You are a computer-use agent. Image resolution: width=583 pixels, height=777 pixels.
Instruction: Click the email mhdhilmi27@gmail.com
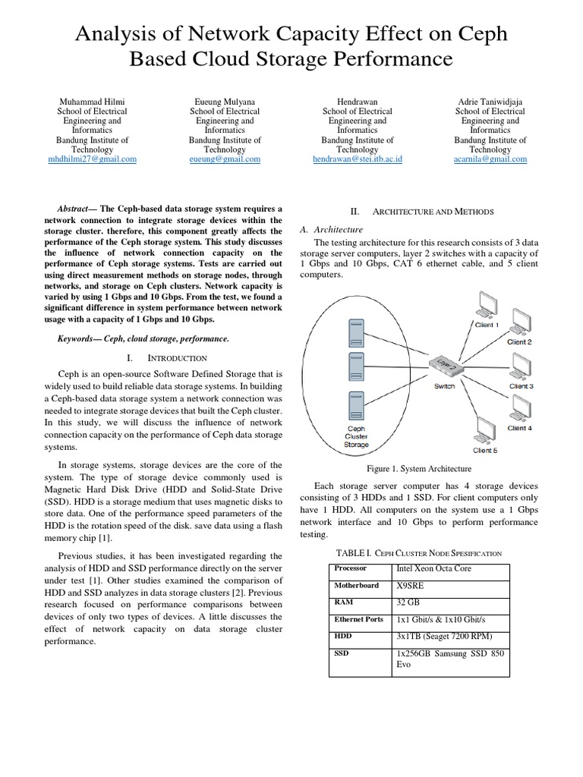pyautogui.click(x=93, y=159)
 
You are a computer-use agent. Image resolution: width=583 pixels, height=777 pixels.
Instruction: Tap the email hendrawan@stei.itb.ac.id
pyautogui.click(x=358, y=159)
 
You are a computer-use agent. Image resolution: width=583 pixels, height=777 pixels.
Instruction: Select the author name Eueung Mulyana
pyautogui.click(x=225, y=101)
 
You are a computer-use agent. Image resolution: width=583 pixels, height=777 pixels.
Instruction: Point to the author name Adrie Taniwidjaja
pyautogui.click(x=490, y=101)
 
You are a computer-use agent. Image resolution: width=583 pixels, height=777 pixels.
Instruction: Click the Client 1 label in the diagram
pyautogui.click(x=487, y=325)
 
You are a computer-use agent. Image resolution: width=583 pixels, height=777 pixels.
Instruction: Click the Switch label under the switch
pyautogui.click(x=444, y=386)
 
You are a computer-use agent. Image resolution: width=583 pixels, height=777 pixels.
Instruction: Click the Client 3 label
pyautogui.click(x=521, y=386)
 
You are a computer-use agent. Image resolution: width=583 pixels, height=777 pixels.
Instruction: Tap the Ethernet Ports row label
pyautogui.click(x=359, y=619)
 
